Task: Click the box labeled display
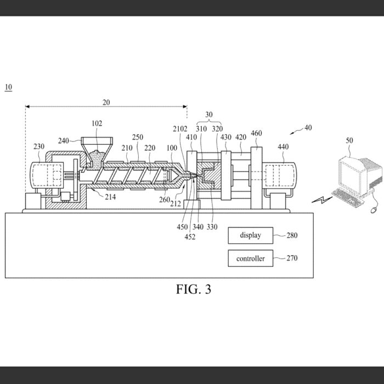tap(250, 236)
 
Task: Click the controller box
tap(250, 258)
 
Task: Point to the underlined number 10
tap(8, 87)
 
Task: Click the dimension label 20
tap(106, 102)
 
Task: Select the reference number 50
tap(349, 141)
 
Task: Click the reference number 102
tap(97, 124)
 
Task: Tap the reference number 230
tap(39, 146)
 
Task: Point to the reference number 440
tap(283, 146)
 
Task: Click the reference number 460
tap(256, 133)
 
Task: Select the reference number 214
tap(110, 196)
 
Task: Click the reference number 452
tap(190, 237)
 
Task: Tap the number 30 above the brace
tap(209, 115)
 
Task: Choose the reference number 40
tap(308, 127)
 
